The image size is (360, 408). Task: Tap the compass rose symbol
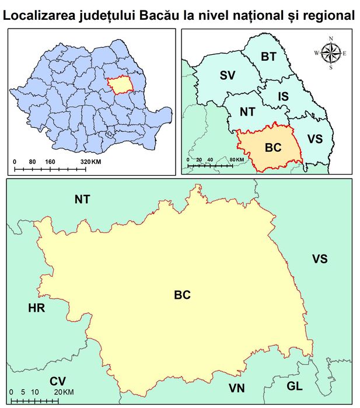(331, 53)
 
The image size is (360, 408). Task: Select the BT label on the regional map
(268, 57)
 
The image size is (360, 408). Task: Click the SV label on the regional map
(228, 75)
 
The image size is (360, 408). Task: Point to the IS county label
(283, 96)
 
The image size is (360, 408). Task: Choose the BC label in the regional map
(272, 147)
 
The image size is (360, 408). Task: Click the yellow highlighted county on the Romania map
(121, 85)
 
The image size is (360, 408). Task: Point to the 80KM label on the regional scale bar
(237, 159)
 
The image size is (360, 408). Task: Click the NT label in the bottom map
(82, 200)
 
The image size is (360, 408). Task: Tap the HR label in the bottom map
(37, 307)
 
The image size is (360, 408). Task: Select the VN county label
(237, 388)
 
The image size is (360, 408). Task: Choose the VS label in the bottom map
(319, 259)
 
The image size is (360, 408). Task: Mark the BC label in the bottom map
(182, 295)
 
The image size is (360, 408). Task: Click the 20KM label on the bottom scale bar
(65, 391)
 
